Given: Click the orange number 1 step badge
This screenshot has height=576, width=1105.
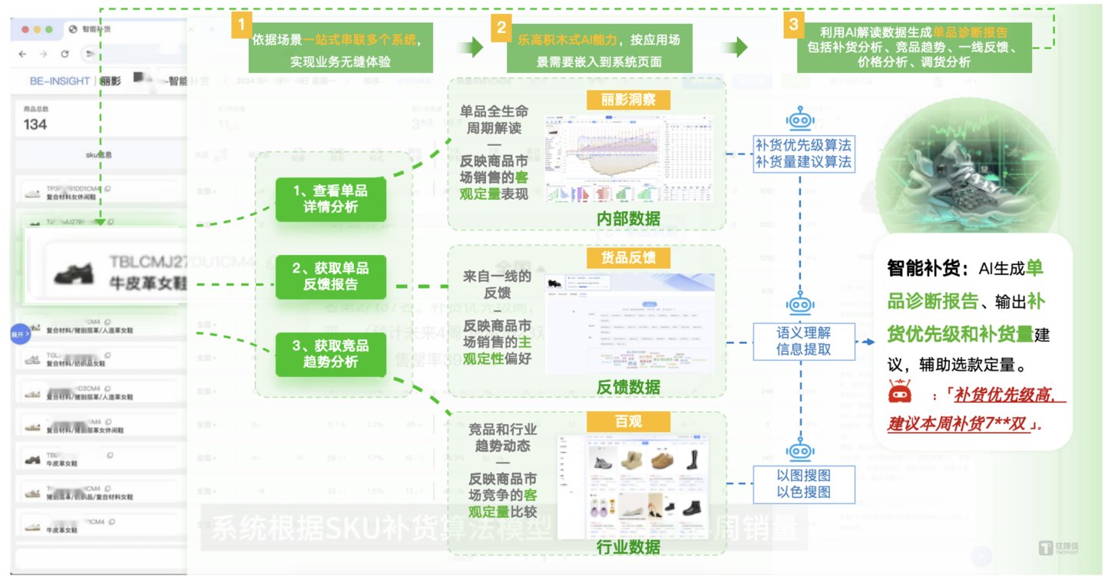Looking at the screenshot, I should [241, 25].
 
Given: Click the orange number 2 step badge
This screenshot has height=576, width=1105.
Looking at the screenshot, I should [501, 28].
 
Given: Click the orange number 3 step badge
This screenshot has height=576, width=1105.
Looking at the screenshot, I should [792, 25].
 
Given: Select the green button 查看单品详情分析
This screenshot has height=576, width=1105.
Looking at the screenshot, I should [330, 198].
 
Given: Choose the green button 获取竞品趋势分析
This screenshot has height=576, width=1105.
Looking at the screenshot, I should [330, 354].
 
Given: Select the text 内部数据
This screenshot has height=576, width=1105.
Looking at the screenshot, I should [628, 219].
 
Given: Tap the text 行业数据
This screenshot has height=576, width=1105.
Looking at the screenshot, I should [628, 547].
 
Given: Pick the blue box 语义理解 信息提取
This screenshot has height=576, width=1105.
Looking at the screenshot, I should [803, 341].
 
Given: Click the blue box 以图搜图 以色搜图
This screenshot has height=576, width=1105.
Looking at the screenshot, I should [803, 483].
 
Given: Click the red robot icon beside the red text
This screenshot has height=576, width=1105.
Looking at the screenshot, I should [899, 392].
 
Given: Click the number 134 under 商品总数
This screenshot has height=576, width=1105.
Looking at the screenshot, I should [35, 124].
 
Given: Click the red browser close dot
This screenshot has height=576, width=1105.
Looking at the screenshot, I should [25, 29].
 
